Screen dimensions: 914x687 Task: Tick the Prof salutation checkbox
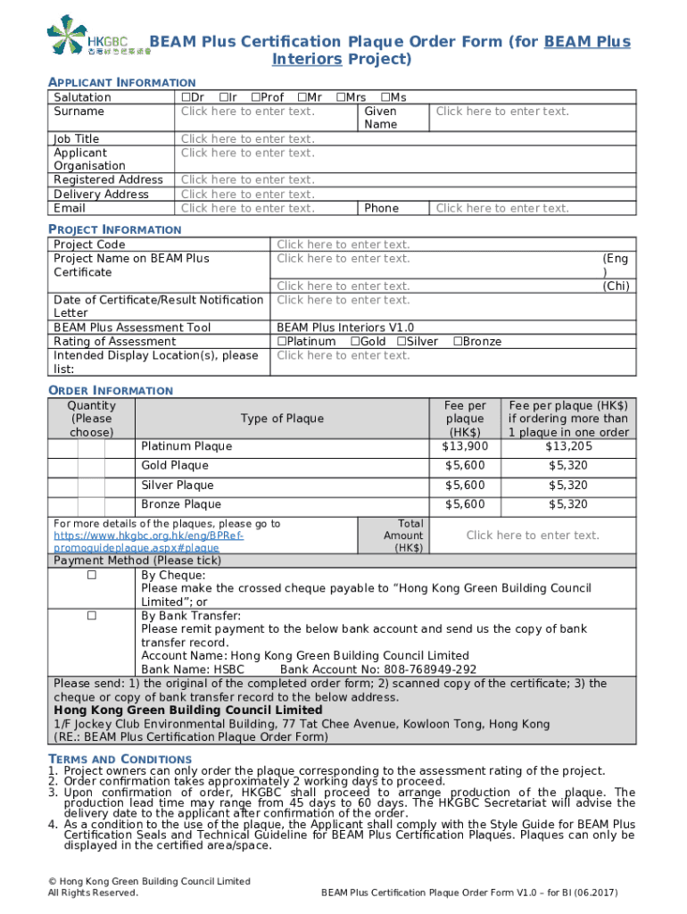click(x=256, y=97)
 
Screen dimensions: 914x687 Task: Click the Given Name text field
click(x=501, y=112)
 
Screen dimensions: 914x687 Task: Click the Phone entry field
click(x=501, y=208)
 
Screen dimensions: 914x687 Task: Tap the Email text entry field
click(x=247, y=208)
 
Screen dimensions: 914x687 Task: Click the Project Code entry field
click(x=343, y=245)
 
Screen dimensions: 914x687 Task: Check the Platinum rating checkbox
click(x=282, y=342)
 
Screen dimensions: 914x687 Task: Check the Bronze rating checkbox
click(x=458, y=342)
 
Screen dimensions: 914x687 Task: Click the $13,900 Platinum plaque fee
click(x=465, y=446)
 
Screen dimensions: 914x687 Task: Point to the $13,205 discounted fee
click(x=568, y=446)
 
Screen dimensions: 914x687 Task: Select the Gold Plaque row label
click(x=174, y=466)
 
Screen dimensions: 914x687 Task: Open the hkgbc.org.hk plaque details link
click(x=148, y=536)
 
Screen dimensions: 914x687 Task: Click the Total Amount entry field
click(x=533, y=536)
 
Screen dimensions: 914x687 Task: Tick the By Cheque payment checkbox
click(x=91, y=576)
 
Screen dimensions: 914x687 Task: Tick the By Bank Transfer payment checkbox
click(x=91, y=616)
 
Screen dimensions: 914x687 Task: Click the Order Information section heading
click(x=110, y=391)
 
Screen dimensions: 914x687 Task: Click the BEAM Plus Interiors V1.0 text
click(x=345, y=328)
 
